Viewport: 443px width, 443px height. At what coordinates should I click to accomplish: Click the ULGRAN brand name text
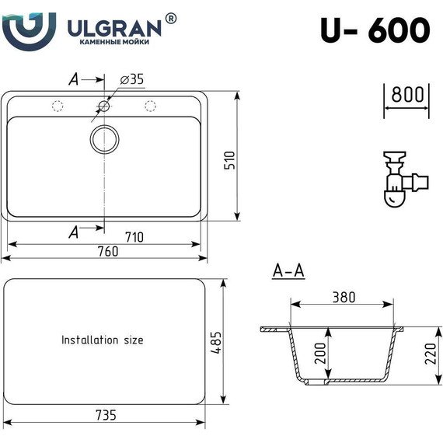pos(115,28)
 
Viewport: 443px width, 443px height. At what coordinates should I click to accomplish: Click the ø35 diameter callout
pos(133,79)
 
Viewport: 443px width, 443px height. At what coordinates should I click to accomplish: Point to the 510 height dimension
pos(228,160)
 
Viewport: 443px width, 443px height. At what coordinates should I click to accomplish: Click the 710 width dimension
pos(134,238)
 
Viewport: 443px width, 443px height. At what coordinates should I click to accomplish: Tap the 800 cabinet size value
pos(406,95)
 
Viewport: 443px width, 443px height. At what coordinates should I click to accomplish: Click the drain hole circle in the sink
pos(104,139)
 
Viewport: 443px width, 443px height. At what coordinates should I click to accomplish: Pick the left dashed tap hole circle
pos(57,106)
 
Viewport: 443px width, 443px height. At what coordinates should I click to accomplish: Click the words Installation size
pos(103,340)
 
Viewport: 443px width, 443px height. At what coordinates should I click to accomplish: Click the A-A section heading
pos(288,271)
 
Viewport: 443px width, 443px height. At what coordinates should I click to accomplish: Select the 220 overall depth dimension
pos(424,356)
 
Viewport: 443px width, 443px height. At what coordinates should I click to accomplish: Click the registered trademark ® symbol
pos(171,17)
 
